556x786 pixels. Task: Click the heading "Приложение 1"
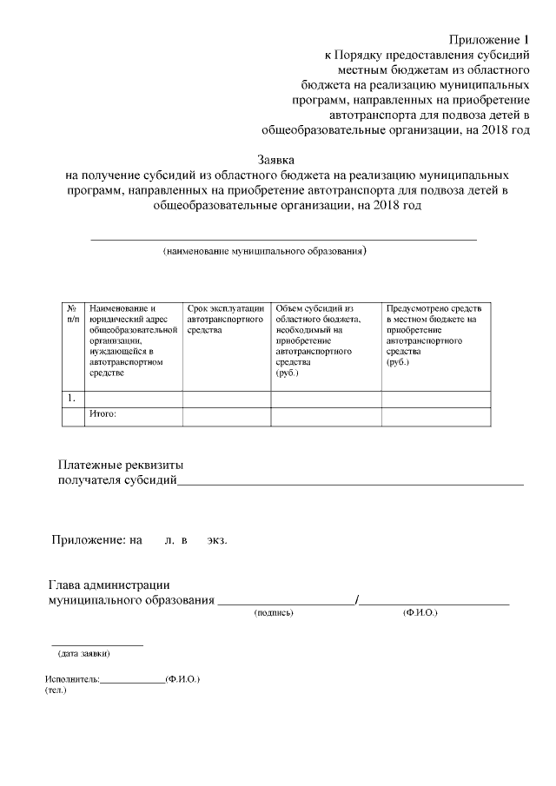488,40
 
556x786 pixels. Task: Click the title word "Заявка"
276,160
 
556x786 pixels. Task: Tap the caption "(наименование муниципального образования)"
265,252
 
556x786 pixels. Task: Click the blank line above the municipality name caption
284,237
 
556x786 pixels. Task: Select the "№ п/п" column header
72,314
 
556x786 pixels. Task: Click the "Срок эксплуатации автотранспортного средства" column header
226,319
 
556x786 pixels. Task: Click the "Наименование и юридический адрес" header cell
133,340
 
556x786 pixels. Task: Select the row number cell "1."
72,398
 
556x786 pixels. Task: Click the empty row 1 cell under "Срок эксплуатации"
226,399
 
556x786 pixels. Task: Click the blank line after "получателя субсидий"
350,482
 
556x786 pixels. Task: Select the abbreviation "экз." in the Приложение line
216,540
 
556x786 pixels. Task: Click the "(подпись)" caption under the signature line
274,613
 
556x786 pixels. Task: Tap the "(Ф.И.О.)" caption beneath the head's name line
420,613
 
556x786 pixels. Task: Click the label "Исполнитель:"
73,679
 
